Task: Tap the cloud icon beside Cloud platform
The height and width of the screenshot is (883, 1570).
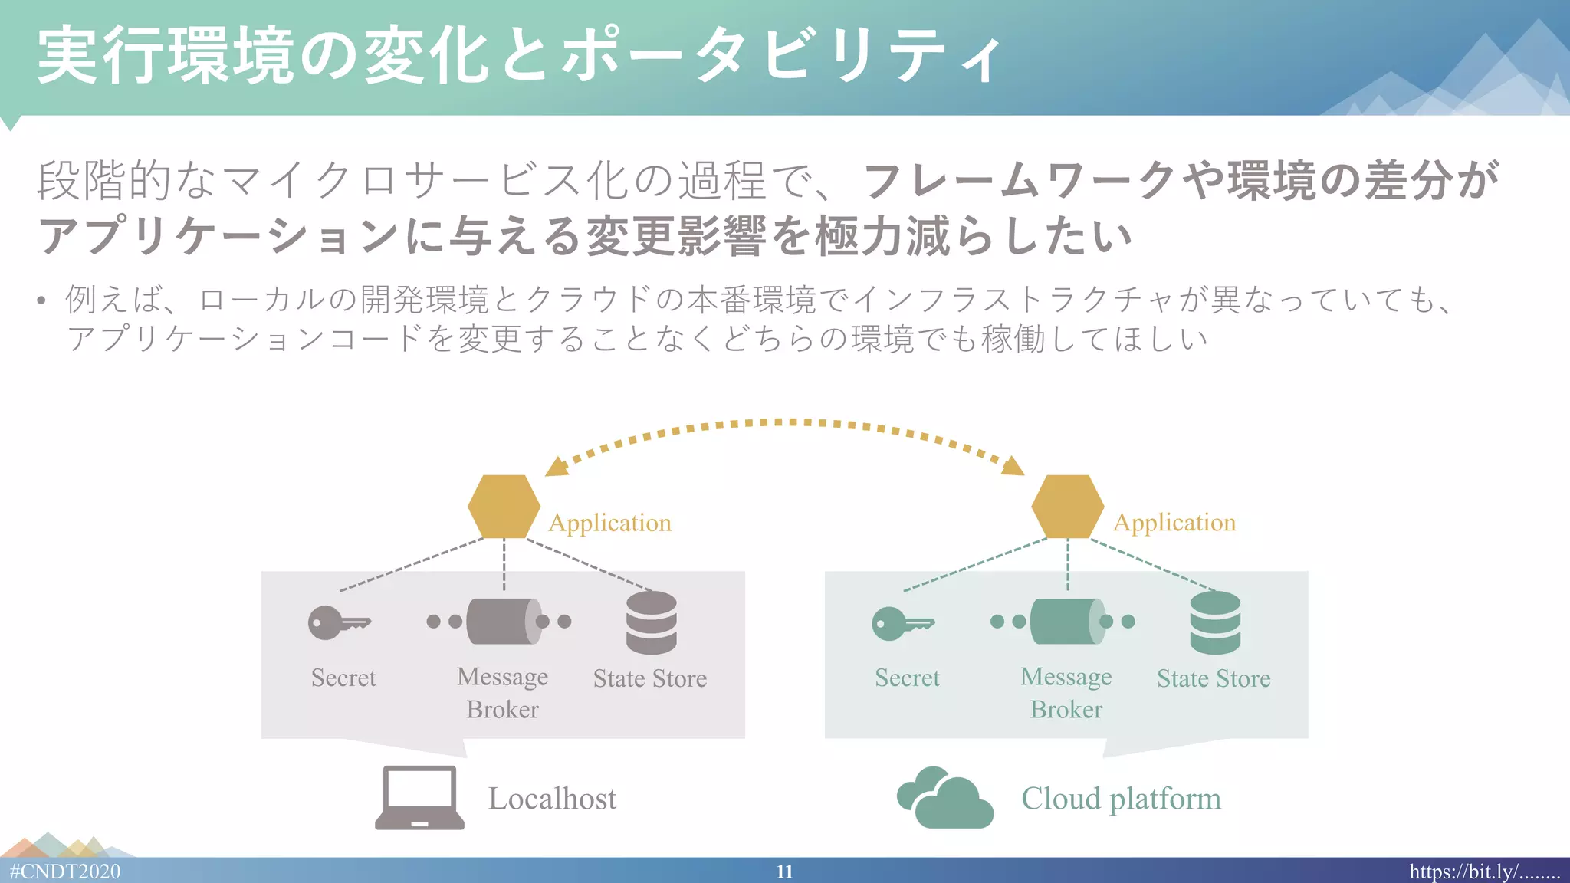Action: pos(945,799)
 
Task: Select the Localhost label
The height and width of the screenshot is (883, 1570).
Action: pos(552,799)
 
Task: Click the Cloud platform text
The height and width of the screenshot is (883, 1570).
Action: pos(1121,799)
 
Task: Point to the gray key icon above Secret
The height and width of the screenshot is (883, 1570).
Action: pos(338,622)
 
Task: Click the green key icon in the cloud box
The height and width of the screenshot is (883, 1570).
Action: pos(902,622)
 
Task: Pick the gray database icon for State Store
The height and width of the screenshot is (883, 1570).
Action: pos(651,622)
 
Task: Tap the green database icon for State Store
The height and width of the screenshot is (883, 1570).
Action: pos(1215,622)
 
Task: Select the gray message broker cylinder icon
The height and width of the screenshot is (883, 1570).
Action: pos(503,622)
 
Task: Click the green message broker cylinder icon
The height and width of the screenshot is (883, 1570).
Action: pos(1066,622)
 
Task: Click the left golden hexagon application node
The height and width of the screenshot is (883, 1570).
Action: pos(504,507)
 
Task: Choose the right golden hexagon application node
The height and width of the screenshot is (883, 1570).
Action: pos(1067,507)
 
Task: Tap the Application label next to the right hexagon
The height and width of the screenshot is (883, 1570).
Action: pos(1174,523)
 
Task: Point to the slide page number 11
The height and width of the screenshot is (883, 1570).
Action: pos(784,872)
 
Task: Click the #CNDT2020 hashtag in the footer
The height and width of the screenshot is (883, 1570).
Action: pos(65,872)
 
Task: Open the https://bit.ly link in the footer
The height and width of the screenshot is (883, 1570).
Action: pos(1484,872)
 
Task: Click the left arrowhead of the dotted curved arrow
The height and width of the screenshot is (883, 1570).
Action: pos(555,467)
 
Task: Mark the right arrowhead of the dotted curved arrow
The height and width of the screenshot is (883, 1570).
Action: pos(1013,466)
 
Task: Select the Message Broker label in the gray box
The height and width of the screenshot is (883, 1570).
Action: pos(502,693)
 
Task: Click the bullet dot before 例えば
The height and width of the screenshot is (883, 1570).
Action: pos(41,300)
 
